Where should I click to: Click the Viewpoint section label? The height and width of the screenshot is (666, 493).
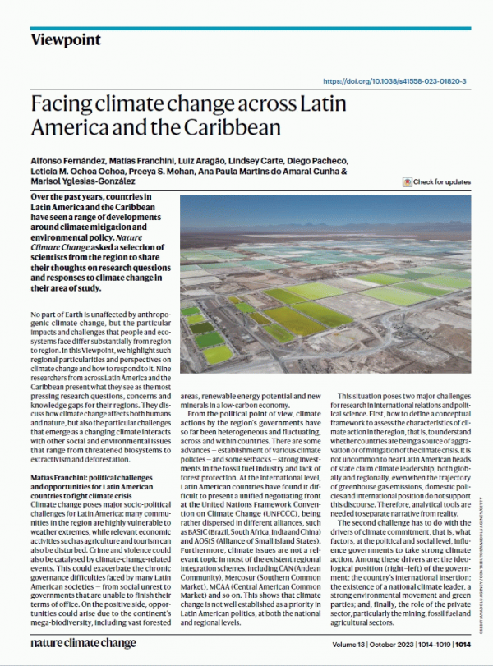click(66, 39)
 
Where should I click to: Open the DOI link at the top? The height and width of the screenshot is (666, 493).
click(395, 81)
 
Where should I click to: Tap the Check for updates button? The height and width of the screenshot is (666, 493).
click(436, 181)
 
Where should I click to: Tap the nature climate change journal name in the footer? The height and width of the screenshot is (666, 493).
click(79, 645)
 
